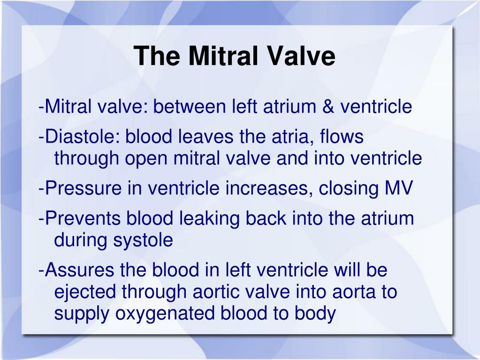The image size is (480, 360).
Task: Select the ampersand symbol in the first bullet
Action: (x=328, y=107)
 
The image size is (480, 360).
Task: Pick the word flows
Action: (x=341, y=137)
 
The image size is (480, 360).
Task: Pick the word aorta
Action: (x=350, y=292)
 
